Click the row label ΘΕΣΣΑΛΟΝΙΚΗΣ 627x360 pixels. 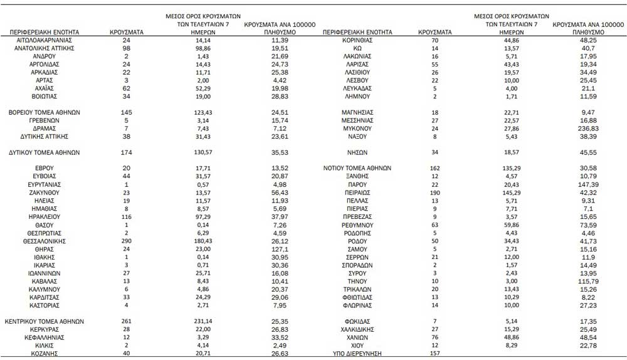click(x=44, y=241)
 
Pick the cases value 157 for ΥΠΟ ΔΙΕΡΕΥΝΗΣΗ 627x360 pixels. click(x=433, y=353)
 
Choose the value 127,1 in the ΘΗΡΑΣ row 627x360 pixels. click(x=280, y=249)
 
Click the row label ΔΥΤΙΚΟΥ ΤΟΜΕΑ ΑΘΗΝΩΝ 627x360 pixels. click(x=44, y=152)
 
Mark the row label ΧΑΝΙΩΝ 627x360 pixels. click(x=357, y=337)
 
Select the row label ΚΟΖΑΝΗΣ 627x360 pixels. click(x=44, y=353)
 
